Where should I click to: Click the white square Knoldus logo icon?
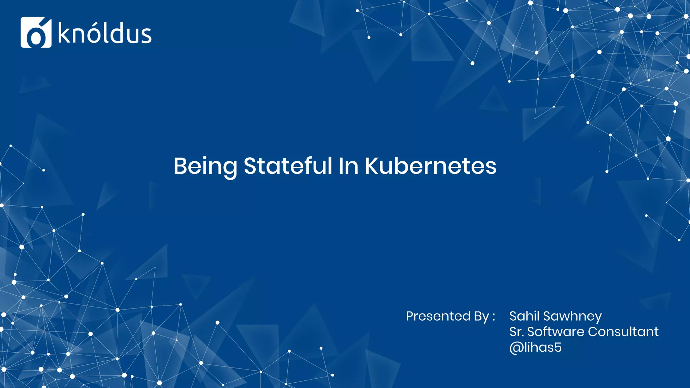pos(36,32)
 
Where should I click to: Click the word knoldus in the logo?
pos(105,33)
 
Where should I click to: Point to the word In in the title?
pos(348,166)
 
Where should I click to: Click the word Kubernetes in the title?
pos(431,166)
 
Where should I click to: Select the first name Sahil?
pos(524,316)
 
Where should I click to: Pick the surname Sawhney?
pos(572,317)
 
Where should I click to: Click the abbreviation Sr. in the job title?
pos(516,332)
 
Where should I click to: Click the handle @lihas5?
pos(535,347)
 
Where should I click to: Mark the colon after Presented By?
pos(494,317)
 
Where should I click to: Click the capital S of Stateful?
pos(251,166)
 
